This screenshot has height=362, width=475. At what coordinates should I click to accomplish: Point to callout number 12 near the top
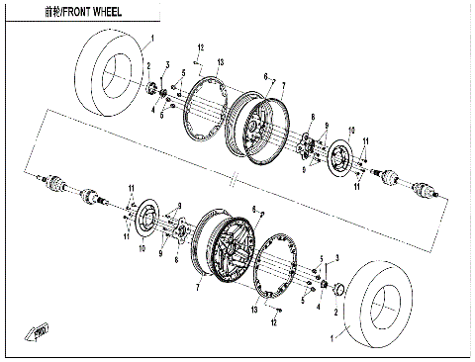click(200, 48)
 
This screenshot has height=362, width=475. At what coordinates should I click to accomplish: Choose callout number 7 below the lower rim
click(199, 285)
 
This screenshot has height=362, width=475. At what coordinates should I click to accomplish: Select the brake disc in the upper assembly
click(342, 158)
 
